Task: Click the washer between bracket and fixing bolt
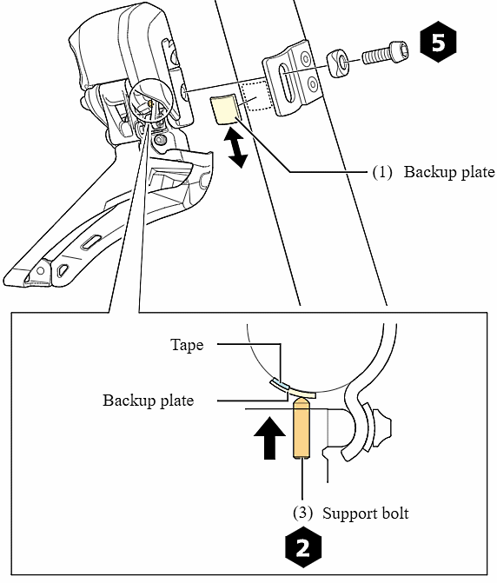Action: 338,63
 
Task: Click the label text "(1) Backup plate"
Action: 433,172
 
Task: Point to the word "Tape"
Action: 187,345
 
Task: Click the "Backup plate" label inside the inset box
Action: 148,401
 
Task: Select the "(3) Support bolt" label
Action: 353,513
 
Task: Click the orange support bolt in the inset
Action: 302,428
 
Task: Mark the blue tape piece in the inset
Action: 280,384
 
